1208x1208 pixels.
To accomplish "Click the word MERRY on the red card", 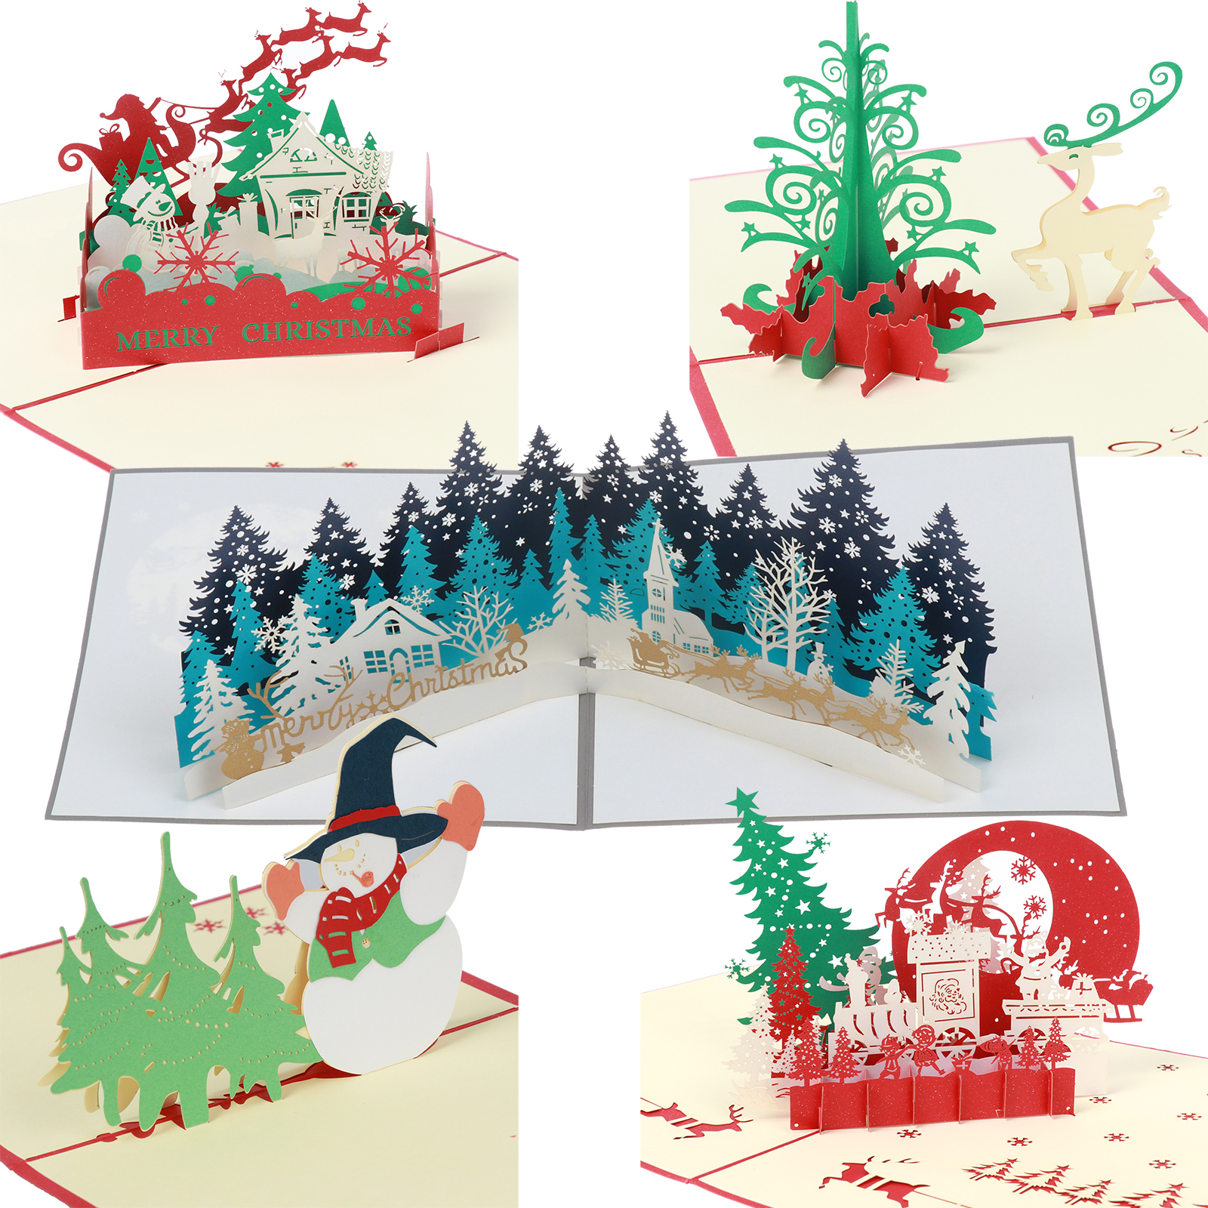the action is click(168, 337).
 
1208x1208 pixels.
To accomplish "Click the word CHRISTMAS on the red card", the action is click(327, 328).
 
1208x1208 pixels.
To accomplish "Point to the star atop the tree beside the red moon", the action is click(746, 799).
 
